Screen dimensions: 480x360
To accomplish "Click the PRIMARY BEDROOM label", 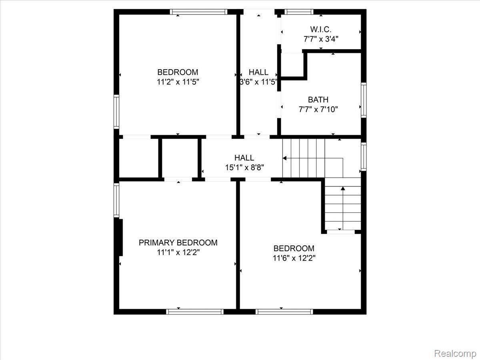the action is click(x=178, y=243).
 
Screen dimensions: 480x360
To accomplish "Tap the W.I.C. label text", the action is click(x=320, y=29).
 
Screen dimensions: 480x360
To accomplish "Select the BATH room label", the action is click(x=318, y=100).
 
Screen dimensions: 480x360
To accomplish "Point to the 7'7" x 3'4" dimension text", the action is click(x=321, y=39).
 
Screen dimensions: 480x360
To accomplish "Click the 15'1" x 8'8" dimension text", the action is click(x=244, y=168).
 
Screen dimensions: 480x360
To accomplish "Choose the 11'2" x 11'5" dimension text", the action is click(x=178, y=82).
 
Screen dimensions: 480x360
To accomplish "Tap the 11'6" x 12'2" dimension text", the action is click(x=294, y=258).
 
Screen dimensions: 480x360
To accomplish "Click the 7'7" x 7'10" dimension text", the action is click(x=318, y=109).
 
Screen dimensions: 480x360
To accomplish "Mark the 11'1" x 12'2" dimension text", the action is click(x=178, y=253).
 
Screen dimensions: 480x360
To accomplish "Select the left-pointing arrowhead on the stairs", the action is click(x=284, y=158).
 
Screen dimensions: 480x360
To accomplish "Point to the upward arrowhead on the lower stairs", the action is click(x=343, y=188).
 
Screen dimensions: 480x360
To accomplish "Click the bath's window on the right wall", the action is click(x=364, y=100).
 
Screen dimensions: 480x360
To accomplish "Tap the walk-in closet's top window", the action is click(x=299, y=12).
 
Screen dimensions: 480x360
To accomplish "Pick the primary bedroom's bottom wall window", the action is click(x=195, y=312).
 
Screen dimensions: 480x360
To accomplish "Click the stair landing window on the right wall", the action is click(x=364, y=156).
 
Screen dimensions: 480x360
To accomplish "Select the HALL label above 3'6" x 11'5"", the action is click(x=258, y=72).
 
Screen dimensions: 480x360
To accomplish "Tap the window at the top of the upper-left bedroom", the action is click(x=199, y=12).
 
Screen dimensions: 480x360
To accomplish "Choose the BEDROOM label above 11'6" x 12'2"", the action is click(x=294, y=248).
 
